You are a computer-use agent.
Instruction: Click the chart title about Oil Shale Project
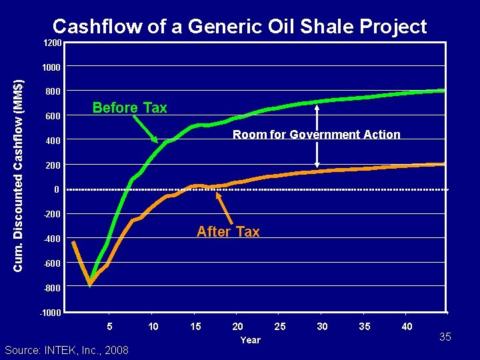239,27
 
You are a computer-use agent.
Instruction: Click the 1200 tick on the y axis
53,43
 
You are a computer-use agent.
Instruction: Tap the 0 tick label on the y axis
57,190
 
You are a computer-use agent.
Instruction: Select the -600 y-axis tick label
51,264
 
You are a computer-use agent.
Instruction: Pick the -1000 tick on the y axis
50,313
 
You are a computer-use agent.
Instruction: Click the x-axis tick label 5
110,326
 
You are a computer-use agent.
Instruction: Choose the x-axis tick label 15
195,326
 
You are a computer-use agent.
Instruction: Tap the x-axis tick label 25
280,326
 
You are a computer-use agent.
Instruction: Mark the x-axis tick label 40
407,326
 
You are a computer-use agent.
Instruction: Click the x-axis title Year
251,340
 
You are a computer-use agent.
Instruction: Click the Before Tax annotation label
129,108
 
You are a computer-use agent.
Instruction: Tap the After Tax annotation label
228,232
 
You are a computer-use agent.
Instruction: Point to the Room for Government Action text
316,135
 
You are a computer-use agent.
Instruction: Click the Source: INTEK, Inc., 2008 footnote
67,351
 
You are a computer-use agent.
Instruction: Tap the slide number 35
445,337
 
